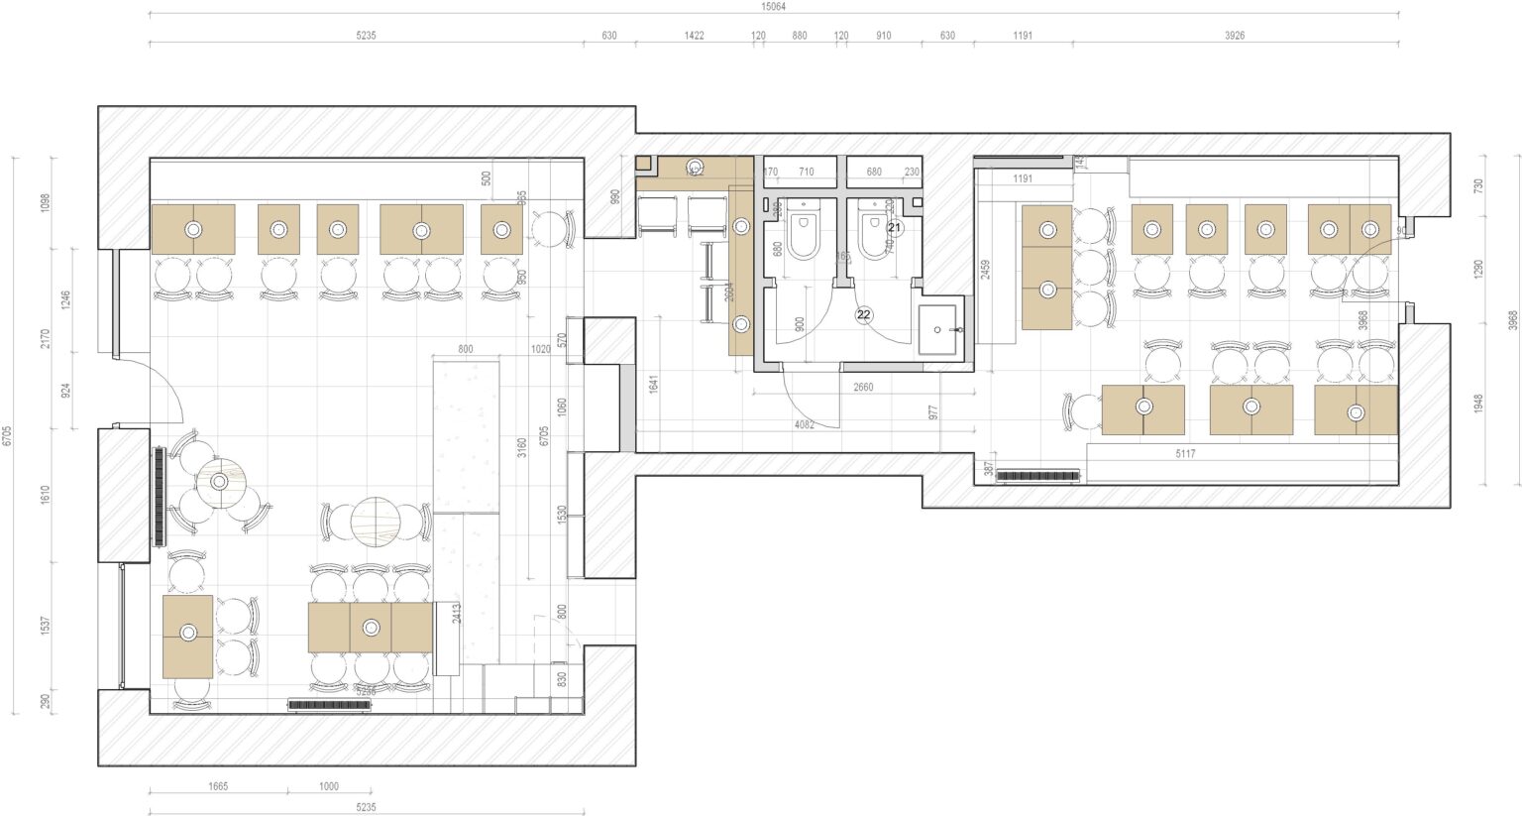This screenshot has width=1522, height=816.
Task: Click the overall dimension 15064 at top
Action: (773, 6)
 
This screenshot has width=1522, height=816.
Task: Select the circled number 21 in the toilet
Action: (895, 227)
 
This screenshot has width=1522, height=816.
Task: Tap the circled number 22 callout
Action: (864, 314)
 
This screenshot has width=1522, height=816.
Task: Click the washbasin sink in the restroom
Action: (937, 330)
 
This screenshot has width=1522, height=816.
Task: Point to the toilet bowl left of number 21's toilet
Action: (803, 236)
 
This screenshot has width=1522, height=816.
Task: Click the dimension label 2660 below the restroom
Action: (863, 387)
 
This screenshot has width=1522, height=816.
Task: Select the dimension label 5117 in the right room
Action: (1185, 454)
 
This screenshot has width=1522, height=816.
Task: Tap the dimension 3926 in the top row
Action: (1234, 36)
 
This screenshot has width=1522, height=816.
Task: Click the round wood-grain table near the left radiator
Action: (219, 483)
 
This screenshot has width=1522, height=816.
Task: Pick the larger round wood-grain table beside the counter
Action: (377, 520)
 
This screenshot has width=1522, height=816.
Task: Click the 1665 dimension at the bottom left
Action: (218, 786)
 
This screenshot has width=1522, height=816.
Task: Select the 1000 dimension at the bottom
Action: (328, 786)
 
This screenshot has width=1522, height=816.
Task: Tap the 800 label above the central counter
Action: (466, 349)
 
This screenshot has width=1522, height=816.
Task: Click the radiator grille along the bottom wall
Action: (329, 705)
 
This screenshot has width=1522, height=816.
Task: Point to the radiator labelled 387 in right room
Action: (1036, 476)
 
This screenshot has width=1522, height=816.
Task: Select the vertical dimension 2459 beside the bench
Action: (985, 271)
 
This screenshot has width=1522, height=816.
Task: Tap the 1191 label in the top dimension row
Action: (1023, 36)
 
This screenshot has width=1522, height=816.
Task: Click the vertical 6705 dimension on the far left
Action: (7, 435)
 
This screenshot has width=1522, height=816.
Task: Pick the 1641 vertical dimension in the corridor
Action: (653, 384)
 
